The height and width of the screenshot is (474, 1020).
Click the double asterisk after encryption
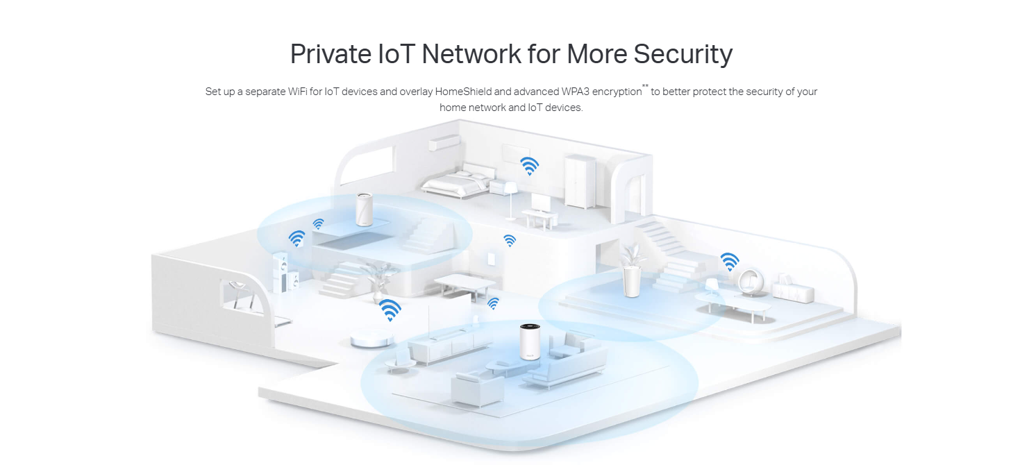point(645,87)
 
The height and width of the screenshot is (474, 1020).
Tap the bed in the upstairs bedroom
point(454,182)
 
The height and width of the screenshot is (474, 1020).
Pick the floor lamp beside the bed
point(509,198)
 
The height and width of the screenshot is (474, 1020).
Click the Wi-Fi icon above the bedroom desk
point(529,166)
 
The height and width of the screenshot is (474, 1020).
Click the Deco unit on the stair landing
point(365,209)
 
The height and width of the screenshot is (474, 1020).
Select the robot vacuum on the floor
point(371,339)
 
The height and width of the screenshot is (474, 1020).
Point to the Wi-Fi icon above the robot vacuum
point(390,310)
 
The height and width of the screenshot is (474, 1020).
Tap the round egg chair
point(751,281)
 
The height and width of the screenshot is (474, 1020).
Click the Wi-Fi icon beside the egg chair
point(729,261)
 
